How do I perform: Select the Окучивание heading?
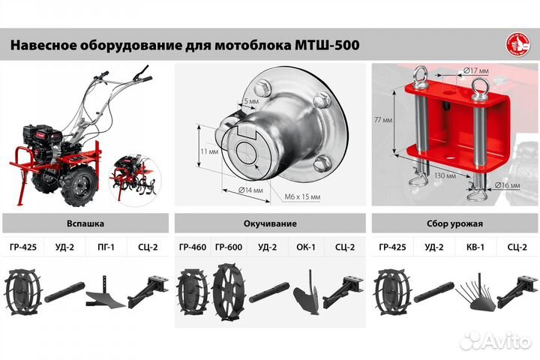[271, 223]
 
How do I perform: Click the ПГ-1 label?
[107, 246]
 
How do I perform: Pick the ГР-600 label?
[228, 246]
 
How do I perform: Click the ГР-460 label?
[192, 246]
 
